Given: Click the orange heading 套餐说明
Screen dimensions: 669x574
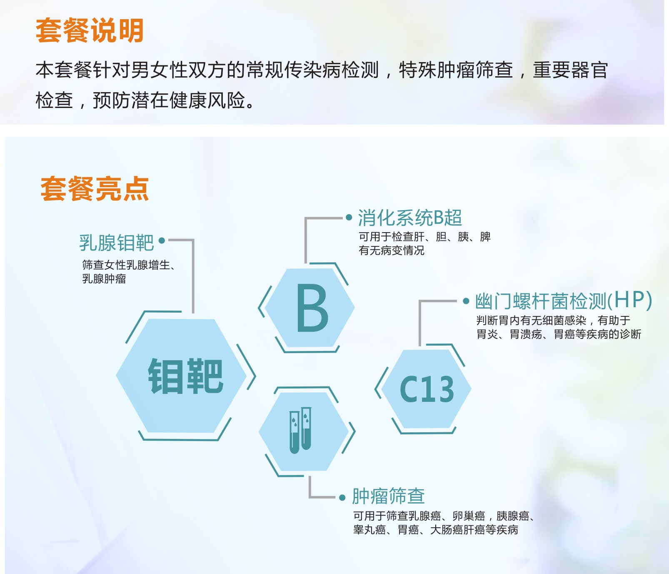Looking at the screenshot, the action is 90,30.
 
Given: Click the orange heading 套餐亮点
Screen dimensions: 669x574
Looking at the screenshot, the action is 95,189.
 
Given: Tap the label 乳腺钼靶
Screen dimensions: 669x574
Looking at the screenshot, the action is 117,243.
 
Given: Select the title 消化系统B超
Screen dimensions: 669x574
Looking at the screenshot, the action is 410,218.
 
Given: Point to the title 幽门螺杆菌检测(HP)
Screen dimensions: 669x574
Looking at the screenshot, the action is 564,301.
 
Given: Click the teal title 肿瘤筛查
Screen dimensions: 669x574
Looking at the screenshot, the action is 388,496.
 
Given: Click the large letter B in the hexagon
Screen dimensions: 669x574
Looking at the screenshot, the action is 312,308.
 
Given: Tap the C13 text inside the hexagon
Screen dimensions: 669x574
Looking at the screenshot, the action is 427,389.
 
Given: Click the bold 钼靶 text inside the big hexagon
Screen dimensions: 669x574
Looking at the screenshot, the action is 186,376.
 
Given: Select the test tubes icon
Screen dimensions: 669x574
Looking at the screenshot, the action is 300,430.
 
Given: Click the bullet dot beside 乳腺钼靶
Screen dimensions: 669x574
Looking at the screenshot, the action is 162,241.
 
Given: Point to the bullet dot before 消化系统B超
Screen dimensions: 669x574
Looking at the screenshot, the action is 349,217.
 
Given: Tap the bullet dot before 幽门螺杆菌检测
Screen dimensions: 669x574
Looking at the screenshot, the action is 466,301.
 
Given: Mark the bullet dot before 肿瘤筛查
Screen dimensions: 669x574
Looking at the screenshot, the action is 342,497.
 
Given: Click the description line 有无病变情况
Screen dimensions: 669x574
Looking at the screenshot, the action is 392,251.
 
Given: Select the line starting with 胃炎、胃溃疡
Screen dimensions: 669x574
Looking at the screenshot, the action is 559,334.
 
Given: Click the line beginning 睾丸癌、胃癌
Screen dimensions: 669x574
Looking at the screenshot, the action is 436,530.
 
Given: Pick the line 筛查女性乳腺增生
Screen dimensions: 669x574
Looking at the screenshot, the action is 128,265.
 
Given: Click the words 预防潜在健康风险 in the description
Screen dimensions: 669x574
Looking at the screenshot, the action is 169,100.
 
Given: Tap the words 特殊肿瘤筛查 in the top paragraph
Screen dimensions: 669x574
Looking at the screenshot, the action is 456,70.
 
